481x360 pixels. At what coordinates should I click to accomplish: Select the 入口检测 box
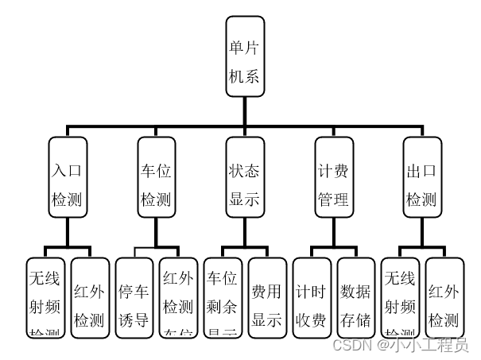(67, 184)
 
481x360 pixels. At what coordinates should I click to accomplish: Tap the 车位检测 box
(156, 184)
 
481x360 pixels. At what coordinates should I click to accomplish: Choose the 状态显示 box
(245, 184)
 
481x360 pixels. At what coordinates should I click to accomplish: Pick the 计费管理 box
(334, 184)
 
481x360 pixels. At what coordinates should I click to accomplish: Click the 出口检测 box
(422, 184)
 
